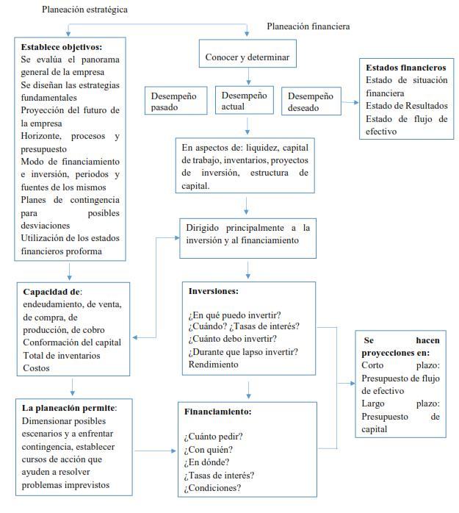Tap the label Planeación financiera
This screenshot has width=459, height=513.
pyautogui.click(x=308, y=26)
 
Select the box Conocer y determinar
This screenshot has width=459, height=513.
pyautogui.click(x=247, y=57)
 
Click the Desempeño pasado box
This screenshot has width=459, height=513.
pyautogui.click(x=174, y=101)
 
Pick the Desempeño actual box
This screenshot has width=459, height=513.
pyautogui.click(x=244, y=101)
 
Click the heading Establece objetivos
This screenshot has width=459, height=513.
pyautogui.click(x=62, y=46)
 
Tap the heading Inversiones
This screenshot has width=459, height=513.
pyautogui.click(x=213, y=290)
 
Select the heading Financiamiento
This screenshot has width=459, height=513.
pyautogui.click(x=217, y=412)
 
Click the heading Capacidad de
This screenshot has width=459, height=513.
pyautogui.click(x=52, y=291)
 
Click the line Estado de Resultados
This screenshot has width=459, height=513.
pyautogui.click(x=406, y=106)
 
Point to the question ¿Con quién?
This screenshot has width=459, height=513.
pyautogui.click(x=208, y=449)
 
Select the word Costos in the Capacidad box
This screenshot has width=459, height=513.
pyautogui.click(x=37, y=367)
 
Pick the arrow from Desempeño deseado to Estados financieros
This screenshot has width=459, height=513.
pyautogui.click(x=348, y=96)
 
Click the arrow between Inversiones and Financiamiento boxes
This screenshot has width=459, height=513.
pyautogui.click(x=249, y=389)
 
